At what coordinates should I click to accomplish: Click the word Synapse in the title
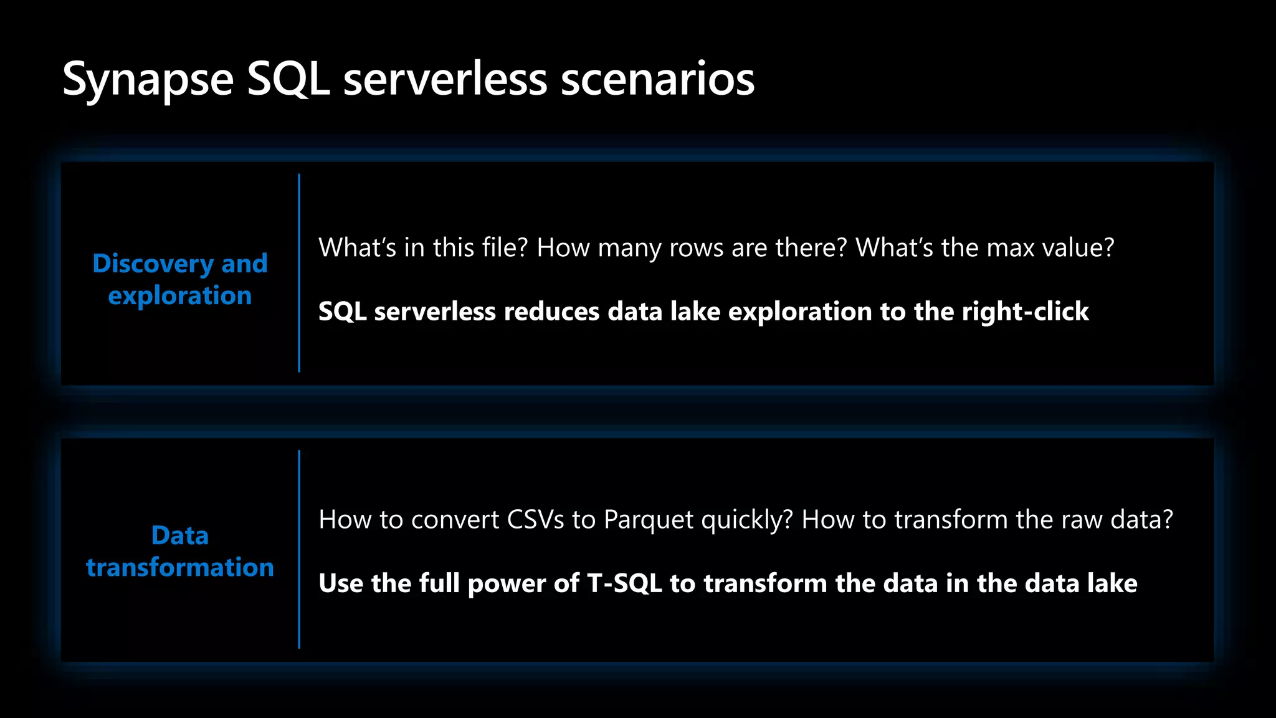pos(148,80)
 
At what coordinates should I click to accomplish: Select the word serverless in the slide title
pos(445,79)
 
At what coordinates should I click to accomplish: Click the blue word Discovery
pos(153,264)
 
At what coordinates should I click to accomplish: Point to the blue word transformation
pos(180,568)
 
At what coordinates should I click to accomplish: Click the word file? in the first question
pos(497,248)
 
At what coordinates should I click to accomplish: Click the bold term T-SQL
pos(624,583)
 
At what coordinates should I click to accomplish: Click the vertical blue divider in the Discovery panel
pos(299,273)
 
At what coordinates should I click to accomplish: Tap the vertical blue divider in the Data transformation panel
pos(299,549)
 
